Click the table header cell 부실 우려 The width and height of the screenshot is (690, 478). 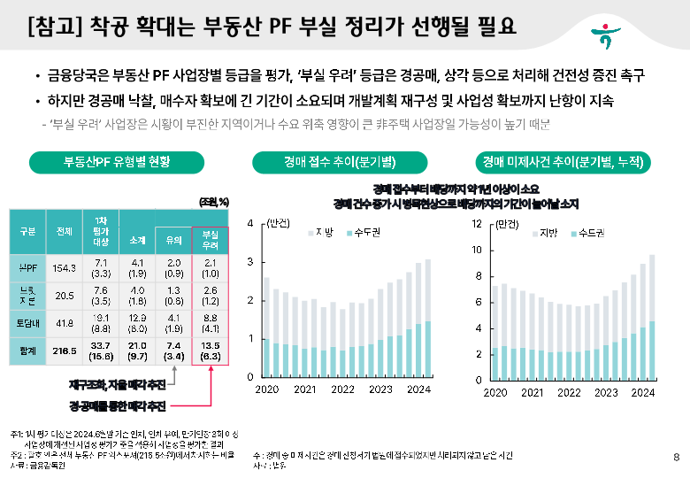(x=211, y=237)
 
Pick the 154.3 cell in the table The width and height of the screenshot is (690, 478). (x=64, y=266)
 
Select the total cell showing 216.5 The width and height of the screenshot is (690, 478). (x=64, y=351)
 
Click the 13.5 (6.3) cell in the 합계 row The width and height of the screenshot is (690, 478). (x=211, y=351)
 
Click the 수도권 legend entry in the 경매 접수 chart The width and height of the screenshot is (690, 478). (x=362, y=232)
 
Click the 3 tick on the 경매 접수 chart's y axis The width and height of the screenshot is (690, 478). (x=252, y=262)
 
